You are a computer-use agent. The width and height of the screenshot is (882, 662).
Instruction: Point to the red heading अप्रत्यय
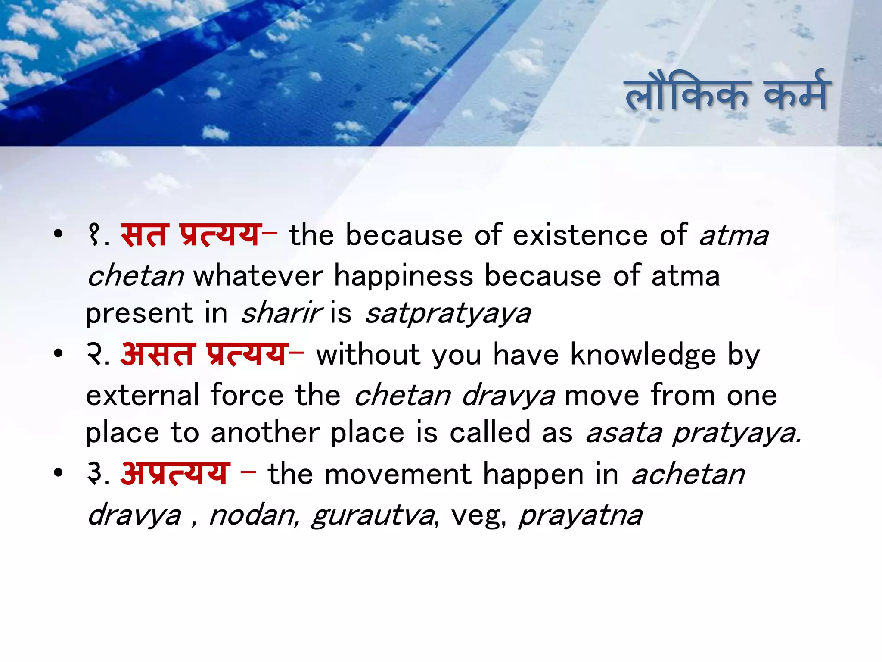tap(175, 474)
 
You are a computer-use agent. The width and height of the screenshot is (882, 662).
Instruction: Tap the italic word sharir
tap(281, 313)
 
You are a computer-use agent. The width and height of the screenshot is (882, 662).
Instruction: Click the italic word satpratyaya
tap(448, 314)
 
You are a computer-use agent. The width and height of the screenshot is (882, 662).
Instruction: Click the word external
tap(143, 395)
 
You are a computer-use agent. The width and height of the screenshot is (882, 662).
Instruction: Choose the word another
tap(264, 433)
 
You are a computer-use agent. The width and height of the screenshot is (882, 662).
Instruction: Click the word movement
tap(398, 474)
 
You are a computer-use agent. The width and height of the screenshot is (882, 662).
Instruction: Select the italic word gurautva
tap(373, 515)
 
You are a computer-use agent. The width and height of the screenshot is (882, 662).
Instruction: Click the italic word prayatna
tap(581, 515)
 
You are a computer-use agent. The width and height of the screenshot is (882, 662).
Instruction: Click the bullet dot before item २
tap(58, 354)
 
